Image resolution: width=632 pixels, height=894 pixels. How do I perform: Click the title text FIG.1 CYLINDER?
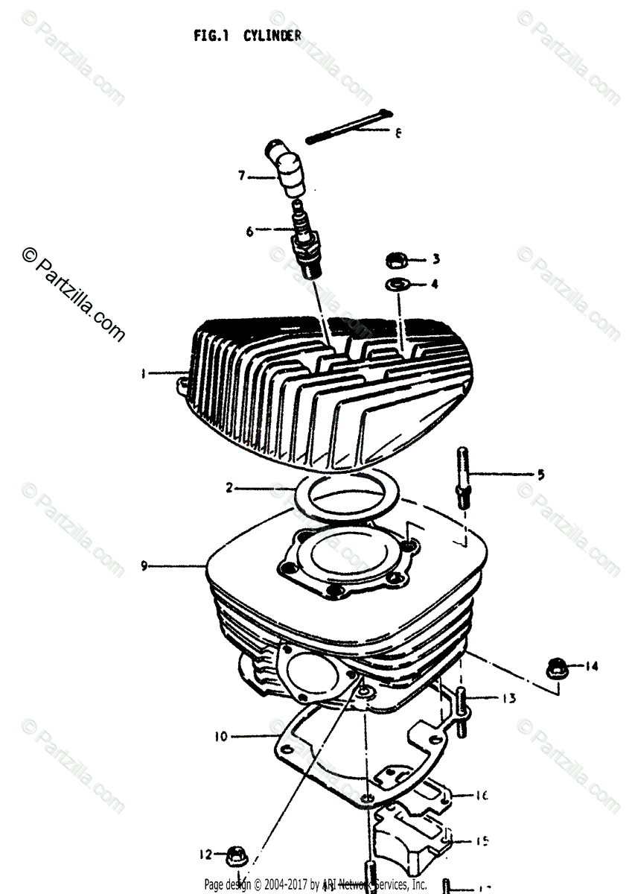tap(247, 35)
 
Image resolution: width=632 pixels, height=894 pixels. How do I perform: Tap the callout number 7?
tap(242, 177)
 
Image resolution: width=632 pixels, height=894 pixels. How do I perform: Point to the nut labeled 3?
tap(396, 261)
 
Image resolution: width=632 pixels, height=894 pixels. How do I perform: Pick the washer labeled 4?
tap(396, 284)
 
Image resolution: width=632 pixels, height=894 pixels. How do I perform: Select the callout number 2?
tap(230, 489)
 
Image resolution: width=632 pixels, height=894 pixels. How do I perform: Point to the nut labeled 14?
tap(555, 667)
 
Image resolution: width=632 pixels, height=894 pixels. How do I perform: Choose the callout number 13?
tap(508, 699)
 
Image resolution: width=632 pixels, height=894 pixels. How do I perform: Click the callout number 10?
tap(220, 738)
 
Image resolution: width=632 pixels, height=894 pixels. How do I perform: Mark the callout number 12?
tap(205, 854)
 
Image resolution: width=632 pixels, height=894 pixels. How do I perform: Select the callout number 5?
tap(541, 474)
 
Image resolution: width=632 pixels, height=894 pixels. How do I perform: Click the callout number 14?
tap(591, 667)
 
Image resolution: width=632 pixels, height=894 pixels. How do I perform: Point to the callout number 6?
tap(250, 231)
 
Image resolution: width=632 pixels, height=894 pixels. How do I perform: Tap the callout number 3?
tap(436, 259)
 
